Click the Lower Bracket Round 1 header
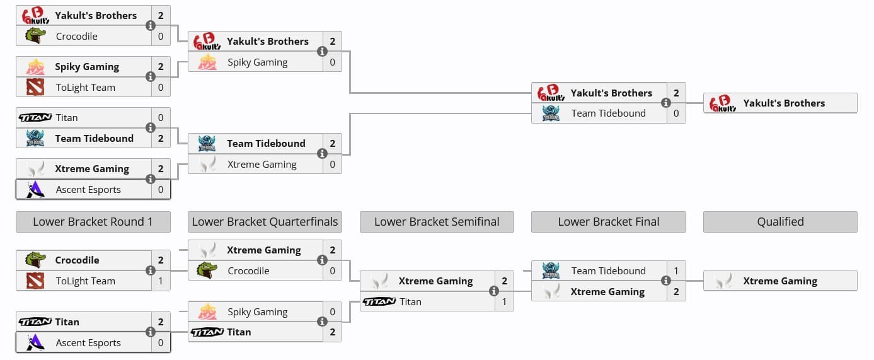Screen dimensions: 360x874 point(93,222)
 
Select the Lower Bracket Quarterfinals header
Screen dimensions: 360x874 point(265,222)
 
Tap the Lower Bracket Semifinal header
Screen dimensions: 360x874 point(437,222)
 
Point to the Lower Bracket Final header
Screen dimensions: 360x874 point(608,222)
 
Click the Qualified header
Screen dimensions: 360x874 point(780,222)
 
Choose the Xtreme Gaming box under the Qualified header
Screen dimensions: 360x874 point(780,281)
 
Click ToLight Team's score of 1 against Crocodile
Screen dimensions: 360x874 point(161,281)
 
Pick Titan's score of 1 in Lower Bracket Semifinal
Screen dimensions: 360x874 point(504,302)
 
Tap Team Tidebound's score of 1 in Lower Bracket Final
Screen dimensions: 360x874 point(676,271)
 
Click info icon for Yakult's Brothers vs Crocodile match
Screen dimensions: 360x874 point(150,26)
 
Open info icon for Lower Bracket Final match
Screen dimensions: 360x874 point(665,281)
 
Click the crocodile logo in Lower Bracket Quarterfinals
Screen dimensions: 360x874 point(207,271)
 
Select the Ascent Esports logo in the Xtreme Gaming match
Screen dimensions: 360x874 point(35,189)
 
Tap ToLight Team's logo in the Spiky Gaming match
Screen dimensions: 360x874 point(35,87)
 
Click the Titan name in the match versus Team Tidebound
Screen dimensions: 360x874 point(67,118)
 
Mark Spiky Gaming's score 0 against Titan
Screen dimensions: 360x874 point(332,312)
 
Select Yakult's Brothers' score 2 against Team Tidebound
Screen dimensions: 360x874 point(676,93)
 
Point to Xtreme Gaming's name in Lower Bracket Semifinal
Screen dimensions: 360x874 point(435,281)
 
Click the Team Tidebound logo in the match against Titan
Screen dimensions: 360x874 point(35,138)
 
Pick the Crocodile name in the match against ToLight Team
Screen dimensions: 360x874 point(77,260)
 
